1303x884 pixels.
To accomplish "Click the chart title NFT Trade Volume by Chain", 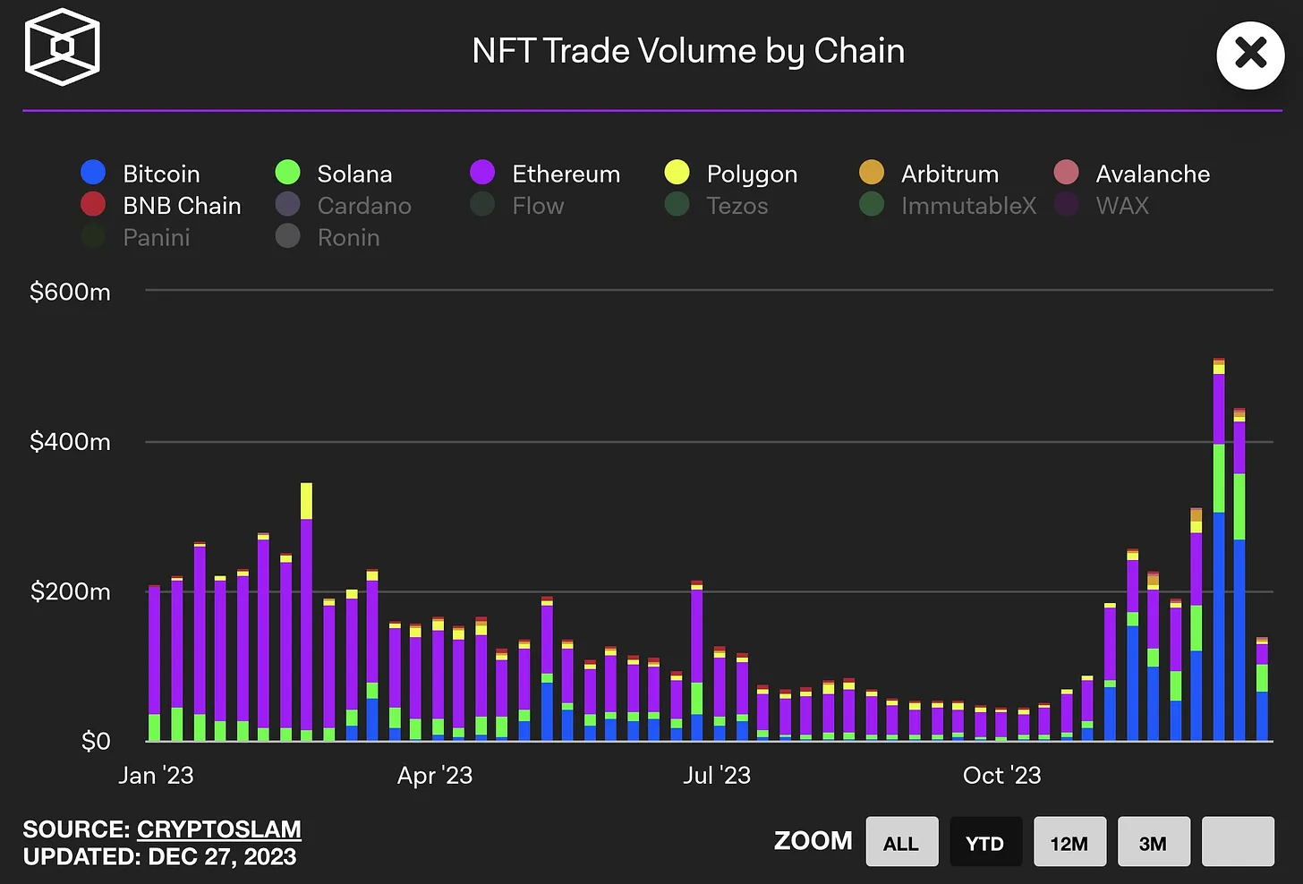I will point(688,51).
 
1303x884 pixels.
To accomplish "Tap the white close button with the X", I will point(1250,55).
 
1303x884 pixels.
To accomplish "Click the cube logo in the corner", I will point(62,47).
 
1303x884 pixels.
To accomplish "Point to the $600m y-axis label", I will point(70,292).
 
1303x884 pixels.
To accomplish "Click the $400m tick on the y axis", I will point(70,442).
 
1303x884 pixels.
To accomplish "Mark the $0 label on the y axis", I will point(96,742).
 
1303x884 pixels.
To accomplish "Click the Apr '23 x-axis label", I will point(435,776).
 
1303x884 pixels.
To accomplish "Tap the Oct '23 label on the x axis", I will point(1001,776).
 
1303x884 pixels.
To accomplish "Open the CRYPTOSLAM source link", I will point(218,829).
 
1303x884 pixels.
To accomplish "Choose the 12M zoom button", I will point(1069,842).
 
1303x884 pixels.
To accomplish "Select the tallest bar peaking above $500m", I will point(1219,555).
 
